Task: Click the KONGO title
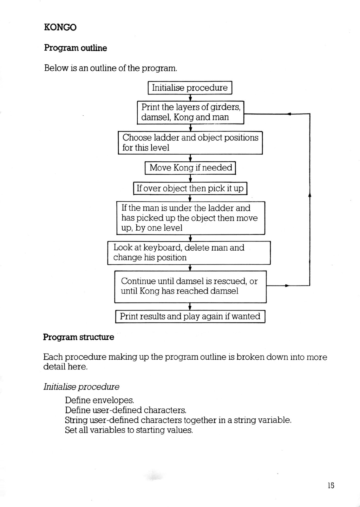pyautogui.click(x=60, y=27)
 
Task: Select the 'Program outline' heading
pyautogui.click(x=75, y=48)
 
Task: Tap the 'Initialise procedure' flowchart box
pyautogui.click(x=190, y=87)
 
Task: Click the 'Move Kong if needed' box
pyautogui.click(x=190, y=168)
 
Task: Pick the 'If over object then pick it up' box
pyautogui.click(x=190, y=188)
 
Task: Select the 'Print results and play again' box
pyautogui.click(x=190, y=317)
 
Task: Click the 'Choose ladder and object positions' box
pyautogui.click(x=190, y=143)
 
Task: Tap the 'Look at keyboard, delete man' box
pyautogui.click(x=189, y=253)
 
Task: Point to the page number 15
pyautogui.click(x=331, y=485)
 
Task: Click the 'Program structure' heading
pyautogui.click(x=79, y=337)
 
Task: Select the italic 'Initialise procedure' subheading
pyautogui.click(x=81, y=387)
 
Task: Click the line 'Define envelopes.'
pyautogui.click(x=100, y=400)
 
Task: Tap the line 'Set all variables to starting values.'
pyautogui.click(x=129, y=430)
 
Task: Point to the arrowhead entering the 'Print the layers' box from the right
pyautogui.click(x=289, y=114)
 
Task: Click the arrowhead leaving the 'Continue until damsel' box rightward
pyautogui.click(x=287, y=286)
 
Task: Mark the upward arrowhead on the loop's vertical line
pyautogui.click(x=310, y=195)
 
